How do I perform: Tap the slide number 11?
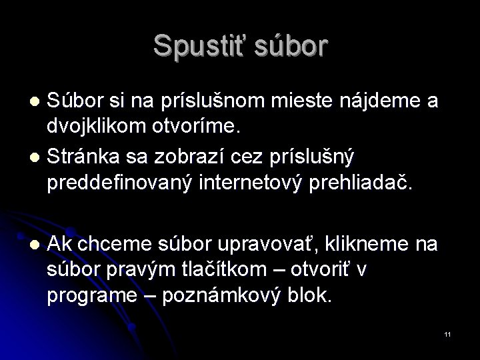coord(447,333)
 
